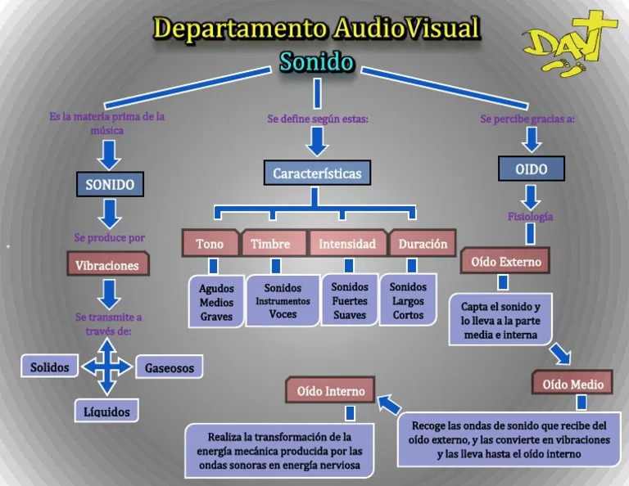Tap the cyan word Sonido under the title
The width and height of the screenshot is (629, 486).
(317, 62)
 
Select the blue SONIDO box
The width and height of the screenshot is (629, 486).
(110, 184)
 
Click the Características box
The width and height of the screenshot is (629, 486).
(317, 173)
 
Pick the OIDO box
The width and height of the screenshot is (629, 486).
(531, 169)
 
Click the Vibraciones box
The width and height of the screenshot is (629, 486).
(108, 264)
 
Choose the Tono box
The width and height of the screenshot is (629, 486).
(210, 243)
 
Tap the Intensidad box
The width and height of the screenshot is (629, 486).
(347, 243)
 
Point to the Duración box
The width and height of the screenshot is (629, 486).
(423, 243)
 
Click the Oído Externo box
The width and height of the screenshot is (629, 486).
(505, 261)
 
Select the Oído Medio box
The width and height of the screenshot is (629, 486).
(572, 383)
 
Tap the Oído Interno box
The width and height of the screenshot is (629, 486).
(330, 389)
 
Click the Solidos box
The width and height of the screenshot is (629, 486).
(49, 367)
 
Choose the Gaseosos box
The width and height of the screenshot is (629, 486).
(170, 367)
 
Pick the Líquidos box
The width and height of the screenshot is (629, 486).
(106, 411)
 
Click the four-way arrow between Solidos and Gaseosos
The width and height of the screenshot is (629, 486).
(107, 367)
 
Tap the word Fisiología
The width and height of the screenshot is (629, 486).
(531, 217)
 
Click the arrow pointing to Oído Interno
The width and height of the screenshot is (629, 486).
(389, 404)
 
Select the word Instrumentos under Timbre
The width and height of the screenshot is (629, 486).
(283, 301)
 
